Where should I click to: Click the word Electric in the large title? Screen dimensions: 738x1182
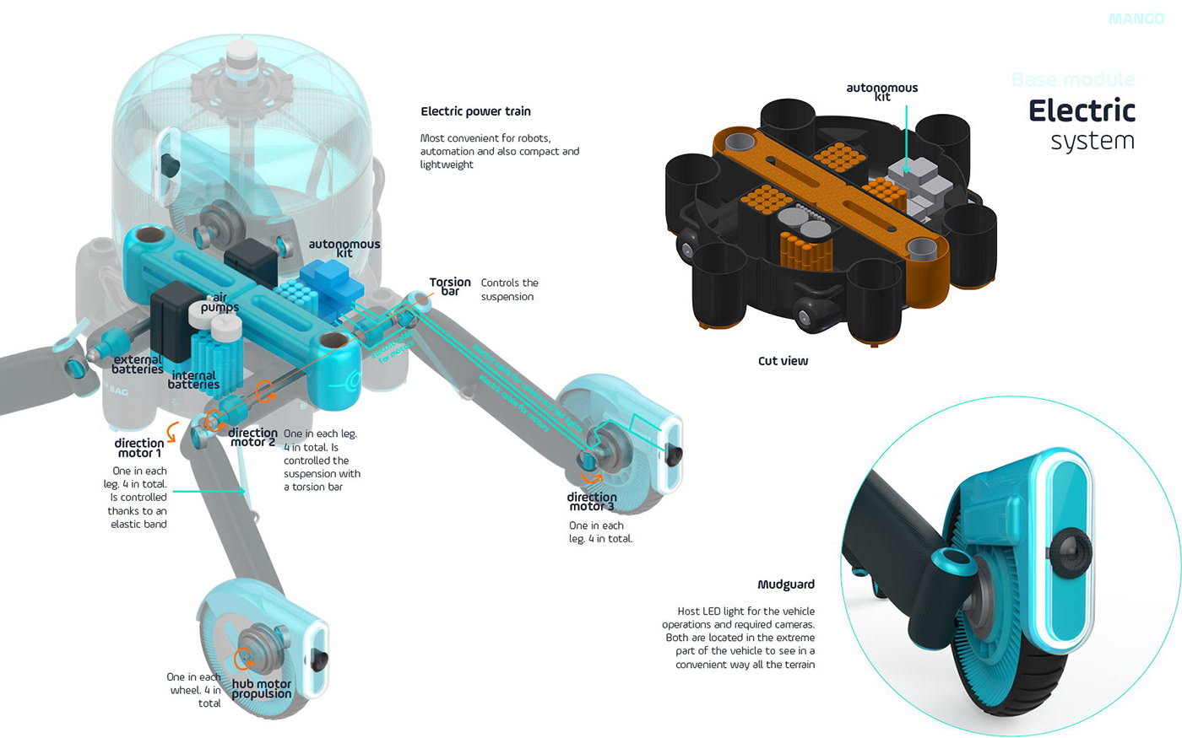1082,110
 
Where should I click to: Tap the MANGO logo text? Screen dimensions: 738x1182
1136,19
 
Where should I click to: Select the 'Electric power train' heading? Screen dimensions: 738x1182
475,111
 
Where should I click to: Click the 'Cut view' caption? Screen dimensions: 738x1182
783,361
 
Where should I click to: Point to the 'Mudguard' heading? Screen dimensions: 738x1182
786,584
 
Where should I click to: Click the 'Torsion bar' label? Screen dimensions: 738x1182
450,287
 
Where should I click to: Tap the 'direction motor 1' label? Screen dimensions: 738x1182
139,448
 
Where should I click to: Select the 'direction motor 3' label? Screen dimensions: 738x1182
592,502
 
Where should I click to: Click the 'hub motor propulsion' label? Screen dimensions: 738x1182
262,689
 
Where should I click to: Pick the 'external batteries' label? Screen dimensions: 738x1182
138,364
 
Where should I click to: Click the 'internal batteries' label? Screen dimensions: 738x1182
193,380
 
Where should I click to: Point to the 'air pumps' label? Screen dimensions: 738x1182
220,303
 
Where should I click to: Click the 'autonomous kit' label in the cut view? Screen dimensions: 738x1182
882,91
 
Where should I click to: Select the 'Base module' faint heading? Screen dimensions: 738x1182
1073,80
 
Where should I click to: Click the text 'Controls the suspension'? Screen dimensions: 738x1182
509,289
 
